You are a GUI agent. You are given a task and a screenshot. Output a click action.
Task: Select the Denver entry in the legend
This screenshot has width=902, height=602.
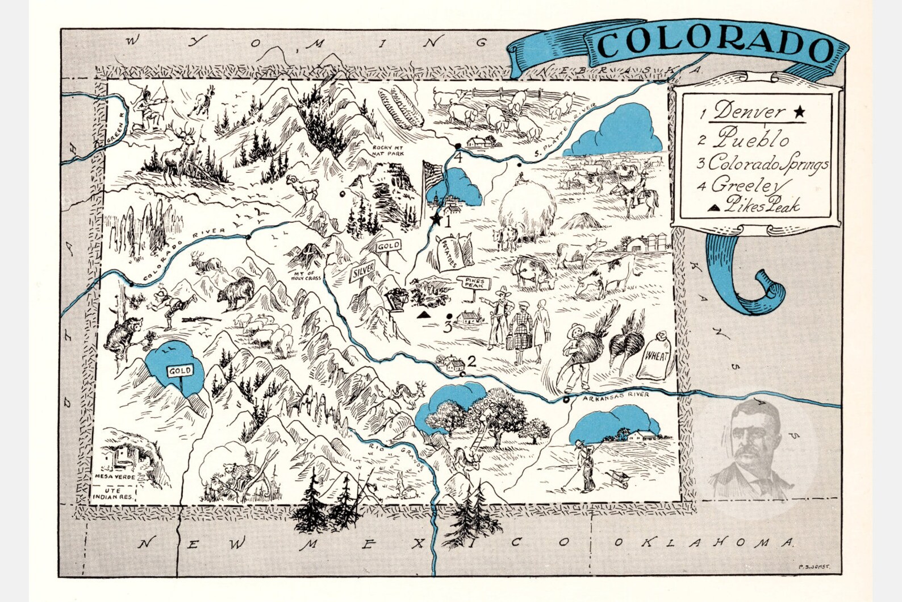pos(750,111)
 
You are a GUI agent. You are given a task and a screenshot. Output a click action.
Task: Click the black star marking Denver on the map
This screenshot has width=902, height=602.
pos(436,218)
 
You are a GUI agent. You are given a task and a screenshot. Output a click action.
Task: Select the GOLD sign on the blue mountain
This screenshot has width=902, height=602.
pos(179,371)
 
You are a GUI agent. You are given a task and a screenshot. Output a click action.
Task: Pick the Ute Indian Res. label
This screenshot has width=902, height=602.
pos(114,493)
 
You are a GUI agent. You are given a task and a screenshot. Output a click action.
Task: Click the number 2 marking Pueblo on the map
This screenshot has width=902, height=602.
pos(471,360)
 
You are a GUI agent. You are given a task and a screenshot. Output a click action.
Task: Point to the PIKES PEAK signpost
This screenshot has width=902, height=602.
pos(474,283)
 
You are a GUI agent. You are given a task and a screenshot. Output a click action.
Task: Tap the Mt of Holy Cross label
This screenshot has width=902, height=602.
pos(307,275)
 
